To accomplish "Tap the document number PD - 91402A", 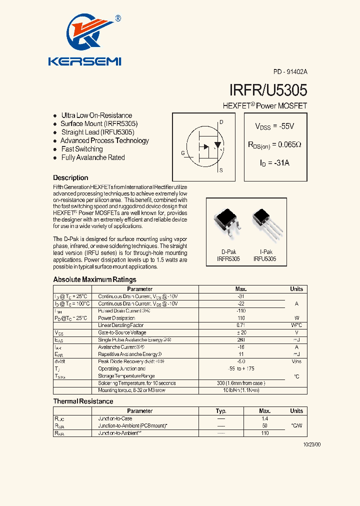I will [290, 72].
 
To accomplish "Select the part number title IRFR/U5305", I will [268, 90].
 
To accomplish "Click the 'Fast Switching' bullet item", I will [82, 149].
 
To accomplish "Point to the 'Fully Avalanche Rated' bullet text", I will [93, 157].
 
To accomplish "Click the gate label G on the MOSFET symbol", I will [183, 152].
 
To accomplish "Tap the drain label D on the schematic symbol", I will [221, 122].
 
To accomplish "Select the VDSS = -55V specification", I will [274, 127].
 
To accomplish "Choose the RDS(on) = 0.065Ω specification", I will [274, 145].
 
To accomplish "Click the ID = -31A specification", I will [274, 163].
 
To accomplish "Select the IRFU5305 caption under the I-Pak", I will [264, 259].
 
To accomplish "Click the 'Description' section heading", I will [70, 178].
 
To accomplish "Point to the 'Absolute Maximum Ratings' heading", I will [94, 279].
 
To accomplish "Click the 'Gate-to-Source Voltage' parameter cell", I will [122, 332].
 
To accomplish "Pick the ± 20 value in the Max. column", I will [241, 332].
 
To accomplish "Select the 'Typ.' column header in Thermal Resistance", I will [221, 411].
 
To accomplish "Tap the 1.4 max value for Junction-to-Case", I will [265, 418].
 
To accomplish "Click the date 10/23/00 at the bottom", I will [312, 444].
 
